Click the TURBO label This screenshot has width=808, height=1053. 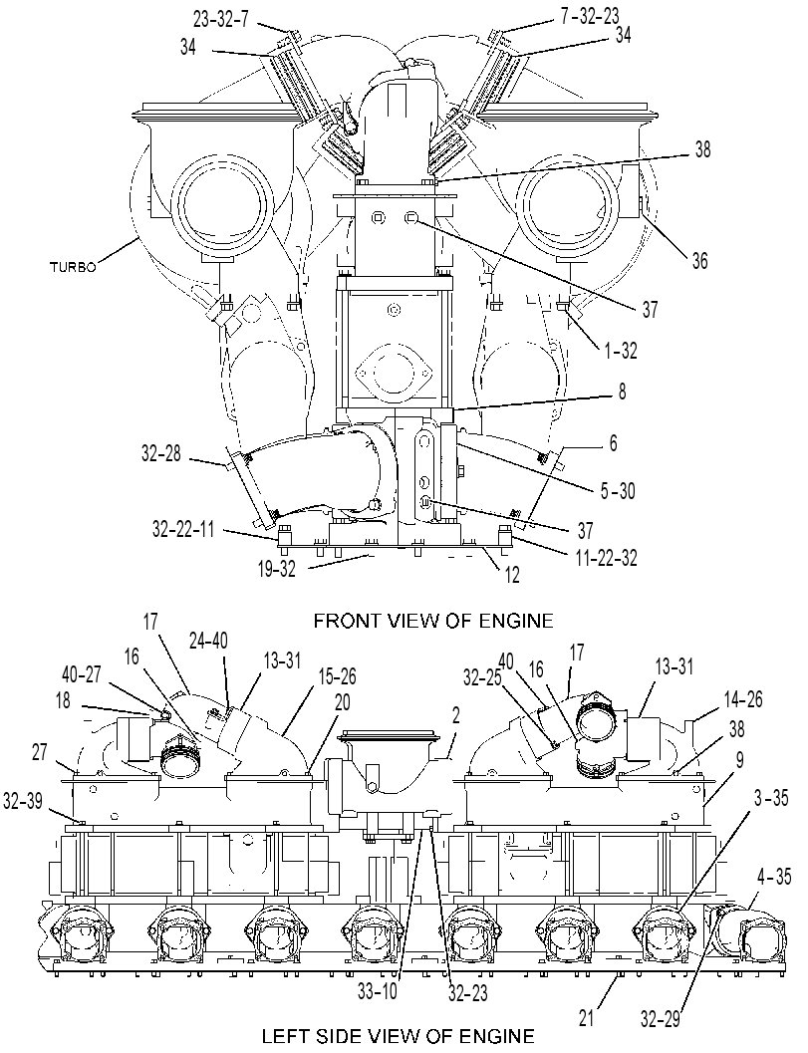click(73, 266)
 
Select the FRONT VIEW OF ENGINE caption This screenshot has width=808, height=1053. click(433, 620)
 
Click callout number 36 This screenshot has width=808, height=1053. click(699, 261)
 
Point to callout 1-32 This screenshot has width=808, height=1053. click(620, 350)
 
